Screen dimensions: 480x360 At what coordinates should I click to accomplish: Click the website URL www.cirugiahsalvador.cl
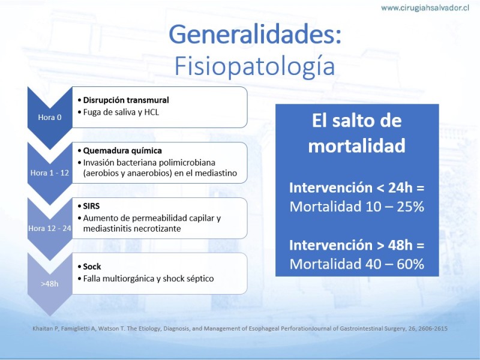[x=425, y=8]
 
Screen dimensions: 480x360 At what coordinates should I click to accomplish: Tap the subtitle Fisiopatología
[x=254, y=67]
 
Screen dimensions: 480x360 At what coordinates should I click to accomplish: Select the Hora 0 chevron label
[x=50, y=117]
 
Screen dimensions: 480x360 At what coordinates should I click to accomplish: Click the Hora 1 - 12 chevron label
[x=50, y=173]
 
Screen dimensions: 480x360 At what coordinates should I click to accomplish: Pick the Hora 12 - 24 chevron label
[x=50, y=229]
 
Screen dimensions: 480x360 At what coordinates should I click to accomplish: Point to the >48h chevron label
[x=50, y=284]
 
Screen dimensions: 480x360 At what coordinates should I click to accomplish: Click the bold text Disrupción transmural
[x=126, y=100]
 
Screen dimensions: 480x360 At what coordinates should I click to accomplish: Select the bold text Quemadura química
[x=122, y=151]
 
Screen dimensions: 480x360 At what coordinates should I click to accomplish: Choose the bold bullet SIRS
[x=91, y=206]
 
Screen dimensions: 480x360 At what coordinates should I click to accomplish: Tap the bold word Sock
[x=92, y=266]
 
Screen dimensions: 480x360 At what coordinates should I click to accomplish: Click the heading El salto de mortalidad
[x=357, y=133]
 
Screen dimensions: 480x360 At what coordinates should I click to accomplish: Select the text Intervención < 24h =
[x=357, y=188]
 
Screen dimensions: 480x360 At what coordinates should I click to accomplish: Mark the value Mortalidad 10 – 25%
[x=357, y=206]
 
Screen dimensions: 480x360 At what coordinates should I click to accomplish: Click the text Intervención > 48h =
[x=357, y=245]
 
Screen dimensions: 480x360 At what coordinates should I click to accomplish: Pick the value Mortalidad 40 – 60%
[x=357, y=264]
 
